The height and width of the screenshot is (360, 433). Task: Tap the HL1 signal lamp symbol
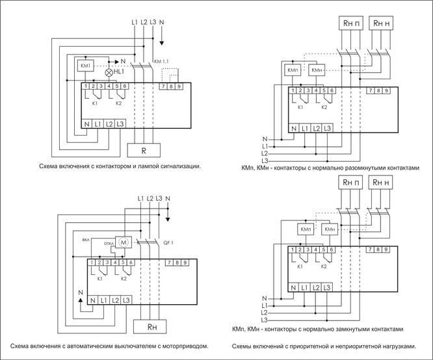click(x=109, y=72)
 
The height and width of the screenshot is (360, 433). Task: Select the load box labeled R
click(x=144, y=151)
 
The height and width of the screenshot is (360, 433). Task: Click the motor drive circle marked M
click(x=124, y=242)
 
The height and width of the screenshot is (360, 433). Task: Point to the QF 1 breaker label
click(x=168, y=243)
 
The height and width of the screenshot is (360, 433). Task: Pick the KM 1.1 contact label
click(x=161, y=61)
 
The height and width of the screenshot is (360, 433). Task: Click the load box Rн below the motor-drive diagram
click(x=150, y=327)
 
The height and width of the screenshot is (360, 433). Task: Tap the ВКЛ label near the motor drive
click(x=86, y=240)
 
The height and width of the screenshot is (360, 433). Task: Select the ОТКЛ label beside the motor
click(x=109, y=244)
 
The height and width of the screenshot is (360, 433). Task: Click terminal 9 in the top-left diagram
click(x=179, y=86)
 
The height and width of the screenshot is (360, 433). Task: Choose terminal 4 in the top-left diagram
click(x=109, y=86)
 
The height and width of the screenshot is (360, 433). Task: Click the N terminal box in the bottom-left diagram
click(x=93, y=300)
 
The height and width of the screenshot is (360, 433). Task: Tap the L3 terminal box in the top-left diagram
click(x=120, y=124)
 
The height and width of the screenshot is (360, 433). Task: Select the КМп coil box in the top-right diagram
click(x=293, y=70)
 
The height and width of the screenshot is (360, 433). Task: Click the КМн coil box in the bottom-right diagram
click(x=330, y=229)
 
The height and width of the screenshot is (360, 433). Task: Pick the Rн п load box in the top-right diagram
click(x=351, y=23)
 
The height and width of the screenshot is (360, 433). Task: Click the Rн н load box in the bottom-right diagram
click(x=381, y=182)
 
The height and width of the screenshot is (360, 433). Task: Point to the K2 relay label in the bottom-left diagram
click(x=124, y=279)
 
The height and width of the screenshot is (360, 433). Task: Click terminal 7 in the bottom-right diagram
click(x=371, y=250)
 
